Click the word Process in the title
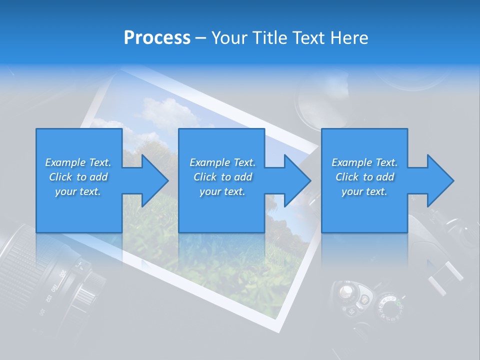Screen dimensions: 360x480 pos(157,38)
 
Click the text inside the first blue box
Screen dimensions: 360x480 pos(78,177)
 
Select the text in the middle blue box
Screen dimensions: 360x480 pos(222,177)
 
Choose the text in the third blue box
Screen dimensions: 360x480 pos(364,177)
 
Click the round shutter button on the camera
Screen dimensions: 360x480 pos(345,291)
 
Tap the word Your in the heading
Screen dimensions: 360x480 pos(230,38)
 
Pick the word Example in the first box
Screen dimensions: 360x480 pos(65,162)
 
